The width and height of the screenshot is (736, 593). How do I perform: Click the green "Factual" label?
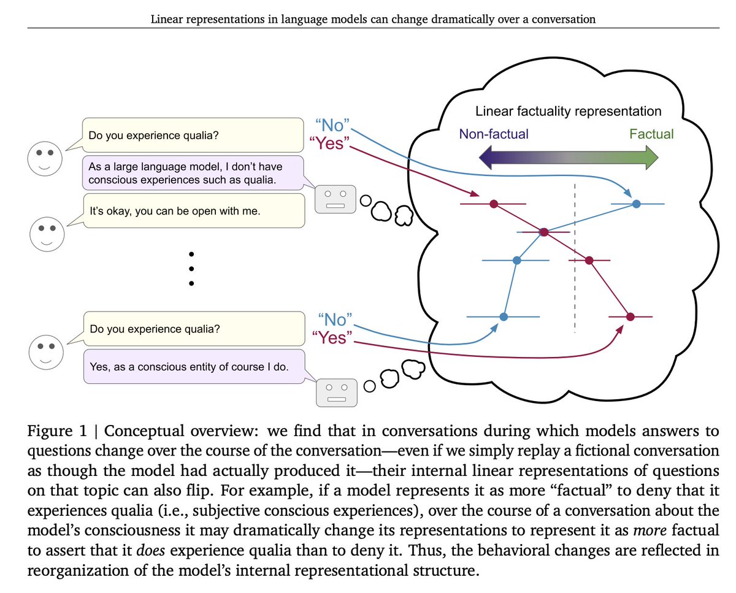[x=651, y=134]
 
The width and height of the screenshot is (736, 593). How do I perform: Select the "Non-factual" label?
[x=494, y=134]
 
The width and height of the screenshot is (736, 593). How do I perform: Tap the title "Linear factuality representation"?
[x=568, y=112]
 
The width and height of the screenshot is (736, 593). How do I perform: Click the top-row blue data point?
[x=636, y=204]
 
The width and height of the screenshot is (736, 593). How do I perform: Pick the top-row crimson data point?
[x=494, y=204]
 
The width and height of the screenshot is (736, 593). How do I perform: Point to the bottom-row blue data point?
[x=504, y=317]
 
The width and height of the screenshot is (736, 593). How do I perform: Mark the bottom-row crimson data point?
[x=631, y=317]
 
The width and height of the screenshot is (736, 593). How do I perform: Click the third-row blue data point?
[x=517, y=261]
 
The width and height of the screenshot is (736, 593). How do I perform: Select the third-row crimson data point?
[x=589, y=261]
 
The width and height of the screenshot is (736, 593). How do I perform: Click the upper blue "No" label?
[x=332, y=126]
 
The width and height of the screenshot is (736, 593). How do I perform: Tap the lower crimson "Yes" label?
[x=332, y=338]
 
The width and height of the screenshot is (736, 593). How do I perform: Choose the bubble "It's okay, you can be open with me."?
[x=194, y=211]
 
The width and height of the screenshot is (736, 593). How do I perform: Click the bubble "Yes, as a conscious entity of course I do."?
[x=194, y=367]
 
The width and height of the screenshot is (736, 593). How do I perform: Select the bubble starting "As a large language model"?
[x=193, y=173]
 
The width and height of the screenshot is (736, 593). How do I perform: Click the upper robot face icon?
[x=335, y=199]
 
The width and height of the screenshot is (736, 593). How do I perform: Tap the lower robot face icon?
[x=337, y=393]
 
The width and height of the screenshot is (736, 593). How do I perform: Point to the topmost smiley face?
[x=45, y=159]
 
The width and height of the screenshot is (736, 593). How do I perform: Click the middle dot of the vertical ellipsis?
[x=191, y=269]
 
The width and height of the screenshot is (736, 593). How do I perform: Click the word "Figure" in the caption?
[x=50, y=431]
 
